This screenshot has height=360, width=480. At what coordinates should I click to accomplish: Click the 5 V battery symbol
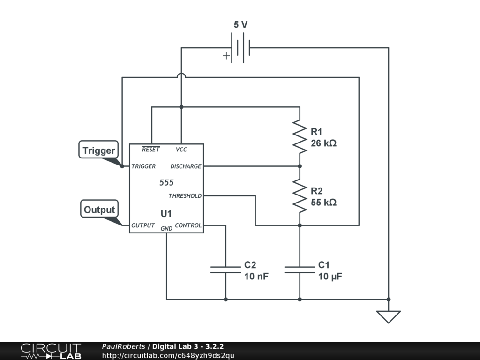click(240, 48)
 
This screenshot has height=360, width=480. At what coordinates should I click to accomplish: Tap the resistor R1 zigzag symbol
click(300, 136)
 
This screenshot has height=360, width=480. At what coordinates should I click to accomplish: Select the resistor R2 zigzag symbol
click(300, 195)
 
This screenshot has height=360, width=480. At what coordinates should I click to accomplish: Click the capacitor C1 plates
click(300, 270)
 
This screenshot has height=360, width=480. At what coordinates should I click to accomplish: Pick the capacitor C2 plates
click(225, 270)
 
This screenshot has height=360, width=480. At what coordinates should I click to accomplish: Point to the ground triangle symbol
click(389, 317)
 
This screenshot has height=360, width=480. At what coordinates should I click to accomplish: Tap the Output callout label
click(99, 209)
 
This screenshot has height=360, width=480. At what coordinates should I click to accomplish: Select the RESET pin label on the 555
click(151, 149)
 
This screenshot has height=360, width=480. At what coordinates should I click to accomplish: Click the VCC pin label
click(181, 150)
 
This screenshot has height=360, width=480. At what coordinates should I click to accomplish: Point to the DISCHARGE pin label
click(186, 166)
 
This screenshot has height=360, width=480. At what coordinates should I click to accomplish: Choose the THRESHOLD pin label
click(185, 195)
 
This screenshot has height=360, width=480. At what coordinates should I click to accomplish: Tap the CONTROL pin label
click(188, 225)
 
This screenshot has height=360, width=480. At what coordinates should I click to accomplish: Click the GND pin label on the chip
click(166, 229)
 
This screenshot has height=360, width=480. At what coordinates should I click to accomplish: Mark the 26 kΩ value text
click(323, 143)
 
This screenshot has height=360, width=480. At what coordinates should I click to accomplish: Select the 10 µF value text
click(330, 277)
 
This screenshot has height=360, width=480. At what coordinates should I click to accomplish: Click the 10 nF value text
click(256, 276)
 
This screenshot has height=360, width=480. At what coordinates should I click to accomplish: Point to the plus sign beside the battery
click(226, 56)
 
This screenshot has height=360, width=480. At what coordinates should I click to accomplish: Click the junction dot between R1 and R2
click(300, 166)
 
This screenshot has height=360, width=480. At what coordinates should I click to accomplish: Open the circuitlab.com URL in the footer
click(168, 355)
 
